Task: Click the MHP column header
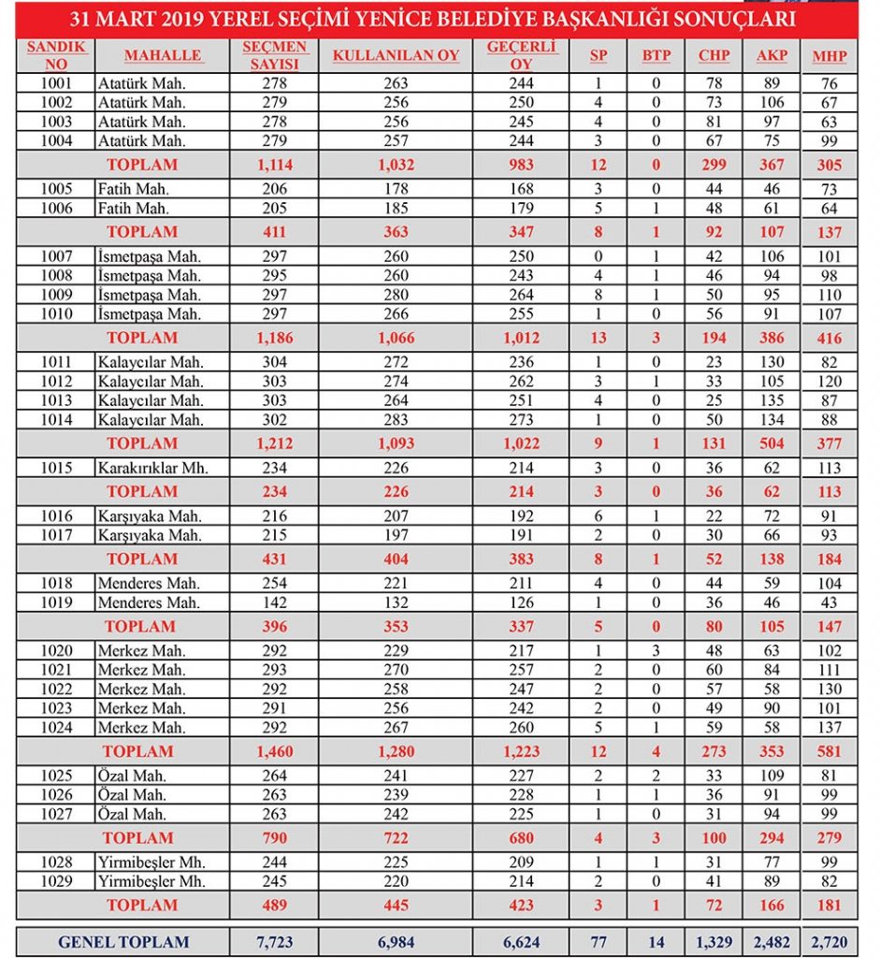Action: click(830, 56)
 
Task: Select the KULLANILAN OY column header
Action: click(396, 56)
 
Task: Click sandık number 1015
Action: click(57, 468)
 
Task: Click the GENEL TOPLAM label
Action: click(123, 942)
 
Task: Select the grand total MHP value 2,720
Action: click(829, 942)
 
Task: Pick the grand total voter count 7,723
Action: click(275, 942)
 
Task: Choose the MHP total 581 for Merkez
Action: click(829, 751)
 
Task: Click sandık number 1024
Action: click(57, 727)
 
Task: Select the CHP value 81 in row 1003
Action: click(714, 122)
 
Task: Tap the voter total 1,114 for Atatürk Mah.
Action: click(275, 165)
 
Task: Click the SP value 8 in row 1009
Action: click(599, 295)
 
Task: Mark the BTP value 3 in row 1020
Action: click(656, 650)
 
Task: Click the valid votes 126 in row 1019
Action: click(522, 602)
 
